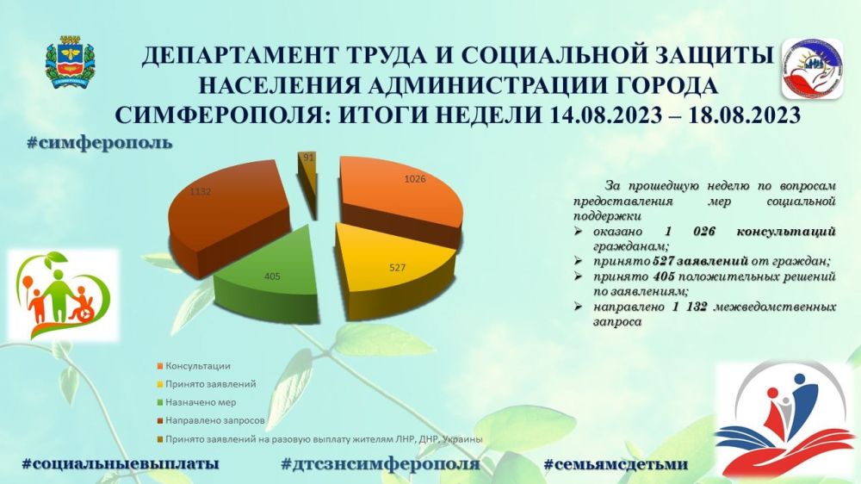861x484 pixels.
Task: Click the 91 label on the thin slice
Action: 307,157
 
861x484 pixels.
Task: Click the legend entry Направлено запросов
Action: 209,420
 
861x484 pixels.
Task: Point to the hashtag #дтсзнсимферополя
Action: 380,464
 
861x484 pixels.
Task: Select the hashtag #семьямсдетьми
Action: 616,464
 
